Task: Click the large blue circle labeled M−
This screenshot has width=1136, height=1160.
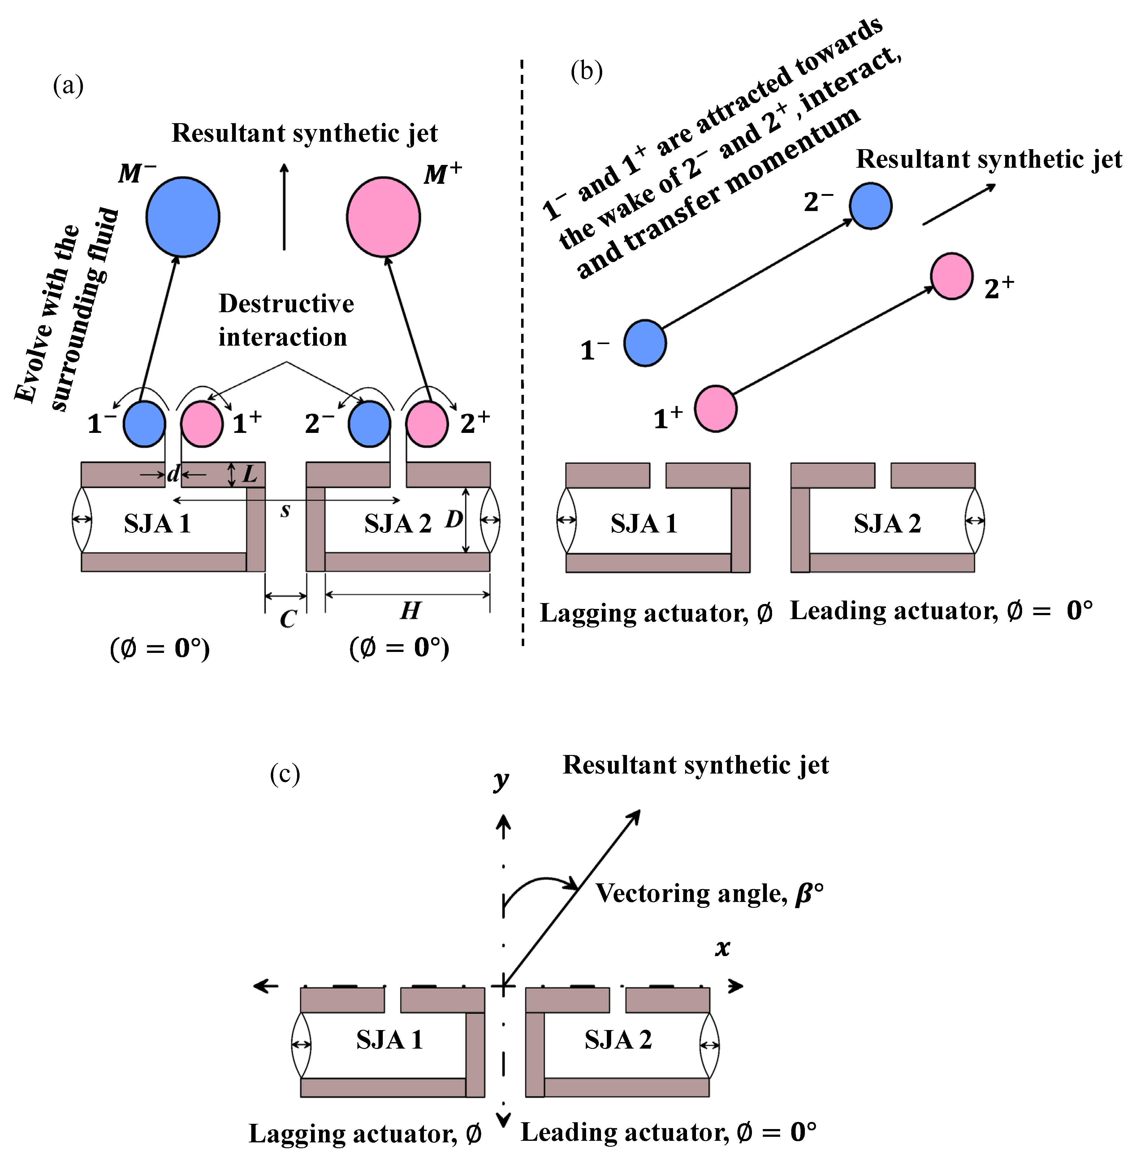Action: click(x=183, y=217)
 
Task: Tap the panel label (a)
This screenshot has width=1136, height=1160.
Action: click(x=68, y=85)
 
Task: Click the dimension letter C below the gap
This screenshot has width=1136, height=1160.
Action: click(x=287, y=619)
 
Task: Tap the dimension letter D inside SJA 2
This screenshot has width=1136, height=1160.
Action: click(x=453, y=519)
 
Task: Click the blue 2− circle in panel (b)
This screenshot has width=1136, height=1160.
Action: click(x=870, y=206)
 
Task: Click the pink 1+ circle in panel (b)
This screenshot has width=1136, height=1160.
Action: click(x=715, y=409)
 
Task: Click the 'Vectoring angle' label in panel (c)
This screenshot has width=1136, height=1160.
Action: click(x=709, y=893)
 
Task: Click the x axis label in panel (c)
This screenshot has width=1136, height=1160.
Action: click(x=723, y=947)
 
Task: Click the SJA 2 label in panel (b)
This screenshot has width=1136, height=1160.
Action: click(x=887, y=523)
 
